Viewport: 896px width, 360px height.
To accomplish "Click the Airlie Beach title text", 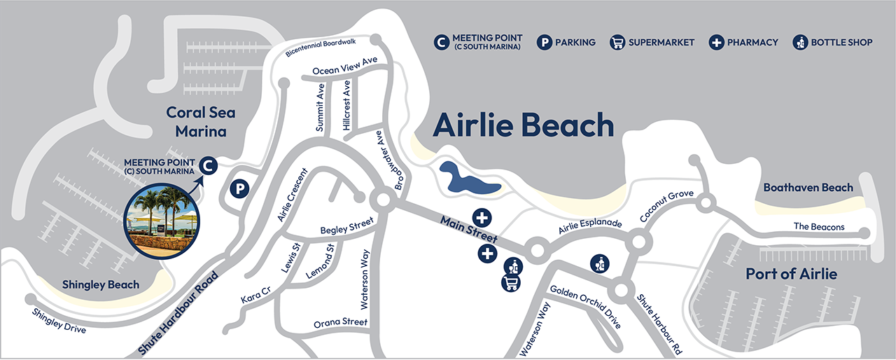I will tap(523, 126).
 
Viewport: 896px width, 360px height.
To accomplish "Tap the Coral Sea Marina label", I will tap(201, 122).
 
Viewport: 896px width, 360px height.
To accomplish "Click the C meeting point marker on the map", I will tap(208, 165).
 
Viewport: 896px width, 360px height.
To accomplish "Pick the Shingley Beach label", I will tap(101, 285).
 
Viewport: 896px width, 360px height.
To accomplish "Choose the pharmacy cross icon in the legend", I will tap(717, 42).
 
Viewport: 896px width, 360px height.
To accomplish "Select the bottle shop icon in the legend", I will tap(800, 42).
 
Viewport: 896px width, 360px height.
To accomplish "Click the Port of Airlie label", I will tap(791, 274).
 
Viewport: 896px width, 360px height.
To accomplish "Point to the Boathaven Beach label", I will tap(808, 188).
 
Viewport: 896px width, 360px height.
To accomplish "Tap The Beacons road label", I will tap(819, 227).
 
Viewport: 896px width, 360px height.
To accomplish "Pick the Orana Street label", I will tap(340, 322).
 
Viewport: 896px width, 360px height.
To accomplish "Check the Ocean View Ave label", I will tap(344, 66).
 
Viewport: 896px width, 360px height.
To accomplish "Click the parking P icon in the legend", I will tap(545, 42).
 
